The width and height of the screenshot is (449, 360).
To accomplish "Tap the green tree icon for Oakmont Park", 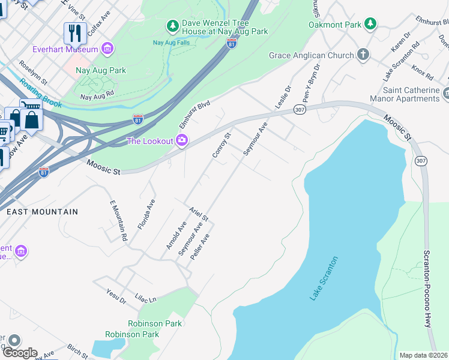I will [x=371, y=24].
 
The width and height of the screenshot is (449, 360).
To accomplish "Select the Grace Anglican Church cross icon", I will [x=363, y=55].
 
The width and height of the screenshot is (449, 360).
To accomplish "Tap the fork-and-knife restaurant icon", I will [x=75, y=33].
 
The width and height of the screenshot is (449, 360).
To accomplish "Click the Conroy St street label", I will [x=221, y=145].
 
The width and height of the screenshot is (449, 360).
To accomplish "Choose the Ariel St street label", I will [x=198, y=214].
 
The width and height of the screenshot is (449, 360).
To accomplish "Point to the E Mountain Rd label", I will [x=118, y=221].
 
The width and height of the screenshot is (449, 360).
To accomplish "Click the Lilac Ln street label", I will [x=145, y=298].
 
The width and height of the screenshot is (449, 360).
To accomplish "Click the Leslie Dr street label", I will [x=283, y=97].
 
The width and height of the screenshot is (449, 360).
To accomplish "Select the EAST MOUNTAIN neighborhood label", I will [x=42, y=212].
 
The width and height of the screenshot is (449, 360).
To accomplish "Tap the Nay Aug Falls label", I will [x=170, y=43].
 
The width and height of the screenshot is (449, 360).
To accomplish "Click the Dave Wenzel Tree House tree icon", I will [x=173, y=25].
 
